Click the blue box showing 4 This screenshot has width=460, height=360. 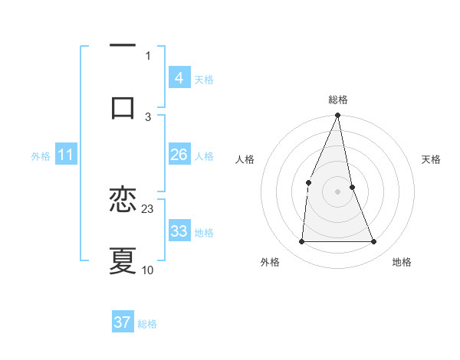pos(179,78)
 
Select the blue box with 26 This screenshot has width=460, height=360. pos(179,155)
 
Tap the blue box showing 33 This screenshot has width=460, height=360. pos(179,231)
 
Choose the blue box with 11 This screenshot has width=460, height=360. pos(65,155)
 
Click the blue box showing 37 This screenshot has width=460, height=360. pos(123,322)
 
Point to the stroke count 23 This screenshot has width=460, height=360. pos(148,208)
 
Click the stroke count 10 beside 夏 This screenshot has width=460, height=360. pos(148,270)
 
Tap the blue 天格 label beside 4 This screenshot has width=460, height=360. pos(204,79)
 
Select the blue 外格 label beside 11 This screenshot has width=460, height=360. pos(41,156)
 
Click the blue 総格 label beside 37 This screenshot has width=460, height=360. pos(147,324)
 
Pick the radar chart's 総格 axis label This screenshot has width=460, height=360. pos(337,100)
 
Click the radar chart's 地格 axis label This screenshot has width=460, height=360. pos(402,262)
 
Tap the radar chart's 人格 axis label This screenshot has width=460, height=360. pos(245,159)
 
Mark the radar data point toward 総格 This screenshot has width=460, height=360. pos(337,116)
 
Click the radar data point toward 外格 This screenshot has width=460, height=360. pos(301,241)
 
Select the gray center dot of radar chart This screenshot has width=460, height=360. pos(337,191)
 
